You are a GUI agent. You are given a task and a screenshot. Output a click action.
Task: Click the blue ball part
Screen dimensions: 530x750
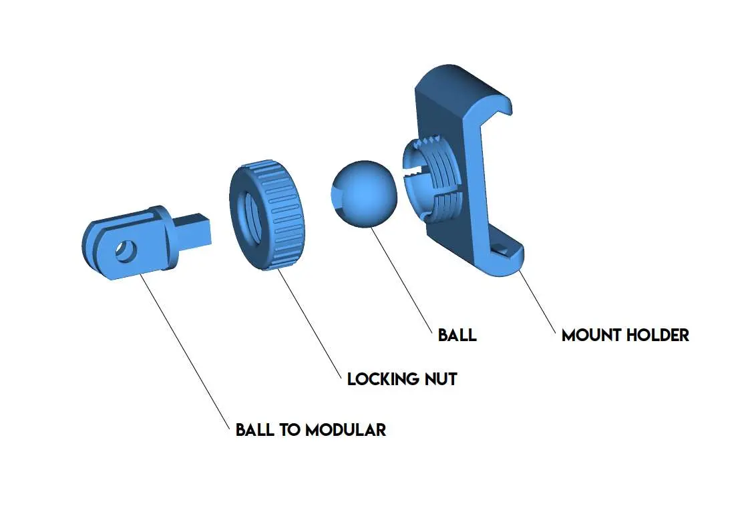click(x=364, y=194)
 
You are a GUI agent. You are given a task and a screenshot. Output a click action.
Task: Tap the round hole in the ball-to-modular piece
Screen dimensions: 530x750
click(x=126, y=250)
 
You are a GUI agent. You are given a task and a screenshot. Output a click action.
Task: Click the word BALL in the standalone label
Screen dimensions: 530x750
click(x=457, y=334)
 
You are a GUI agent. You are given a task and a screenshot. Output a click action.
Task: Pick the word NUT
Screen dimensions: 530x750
click(x=441, y=379)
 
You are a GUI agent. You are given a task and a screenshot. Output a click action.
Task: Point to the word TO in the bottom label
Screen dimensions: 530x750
click(x=290, y=429)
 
